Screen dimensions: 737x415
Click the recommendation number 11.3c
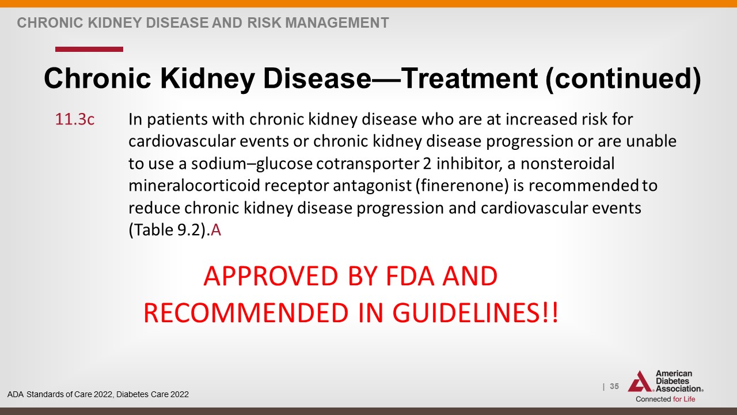pyautogui.click(x=75, y=119)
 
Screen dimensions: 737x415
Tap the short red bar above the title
pyautogui.click(x=89, y=50)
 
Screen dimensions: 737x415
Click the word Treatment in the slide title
pyautogui.click(x=469, y=78)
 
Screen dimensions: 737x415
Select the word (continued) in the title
pyautogui.click(x=623, y=80)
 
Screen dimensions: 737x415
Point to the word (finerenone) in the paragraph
pyautogui.click(x=462, y=186)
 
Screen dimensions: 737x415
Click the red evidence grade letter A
pyautogui.click(x=216, y=230)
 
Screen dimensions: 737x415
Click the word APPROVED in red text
pyautogui.click(x=271, y=276)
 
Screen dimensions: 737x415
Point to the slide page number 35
pyautogui.click(x=614, y=386)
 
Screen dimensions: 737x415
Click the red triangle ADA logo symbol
pyautogui.click(x=640, y=382)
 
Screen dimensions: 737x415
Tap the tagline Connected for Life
pyautogui.click(x=665, y=399)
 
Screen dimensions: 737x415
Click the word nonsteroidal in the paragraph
pyautogui.click(x=567, y=163)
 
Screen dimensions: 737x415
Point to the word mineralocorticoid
pyautogui.click(x=194, y=186)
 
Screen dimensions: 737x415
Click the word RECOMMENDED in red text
pyautogui.click(x=246, y=312)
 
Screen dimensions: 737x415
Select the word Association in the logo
pyautogui.click(x=679, y=388)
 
